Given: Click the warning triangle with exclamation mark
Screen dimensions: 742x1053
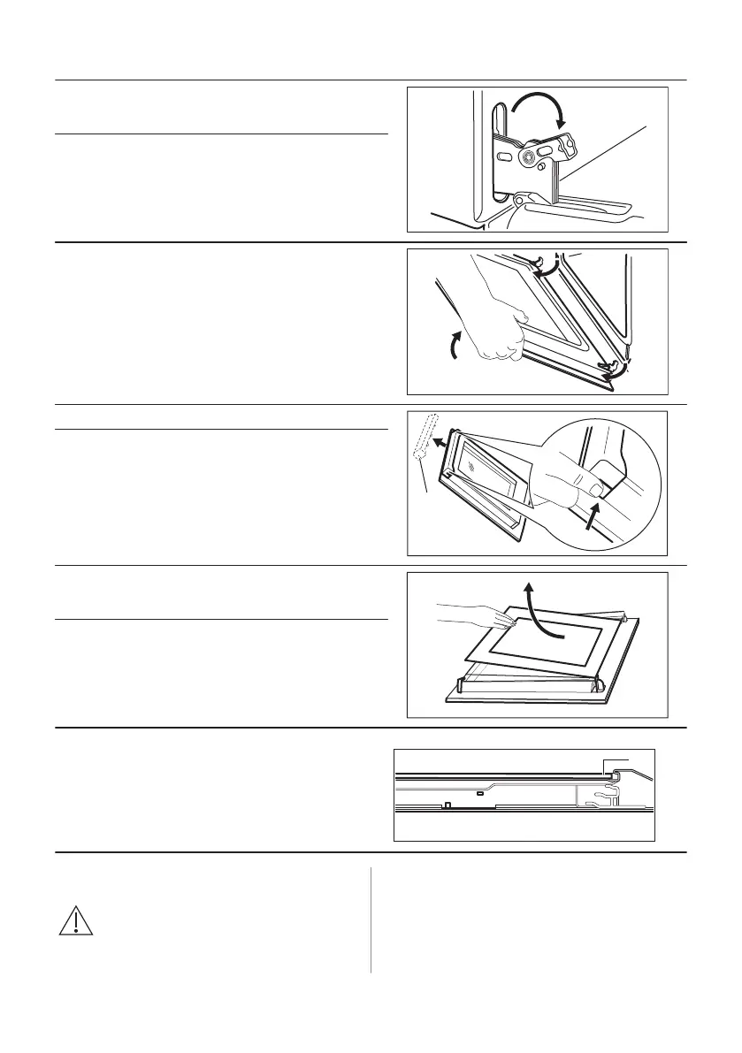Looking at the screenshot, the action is click(77, 921).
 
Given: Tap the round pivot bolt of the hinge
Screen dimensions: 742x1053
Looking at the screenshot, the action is click(528, 157).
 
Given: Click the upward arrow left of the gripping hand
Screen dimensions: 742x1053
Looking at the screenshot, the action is click(456, 346).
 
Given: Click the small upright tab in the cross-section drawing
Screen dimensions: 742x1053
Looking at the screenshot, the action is click(447, 805).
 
